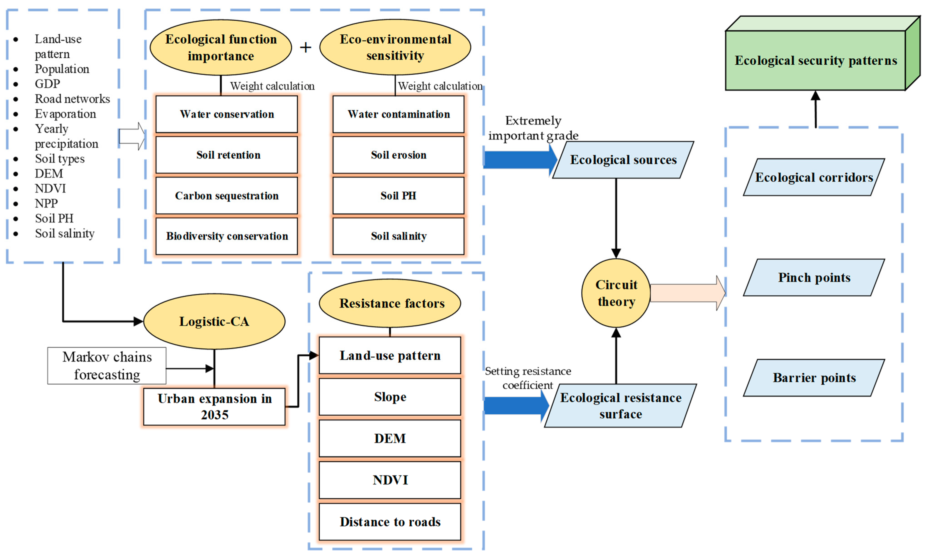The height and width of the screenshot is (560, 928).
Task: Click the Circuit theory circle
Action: tap(616, 293)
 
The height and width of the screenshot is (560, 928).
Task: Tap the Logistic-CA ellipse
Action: tap(214, 321)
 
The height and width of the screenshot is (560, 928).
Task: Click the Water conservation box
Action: tap(227, 114)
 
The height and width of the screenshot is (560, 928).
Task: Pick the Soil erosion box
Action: tap(398, 155)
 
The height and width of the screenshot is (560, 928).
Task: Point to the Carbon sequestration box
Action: tap(227, 195)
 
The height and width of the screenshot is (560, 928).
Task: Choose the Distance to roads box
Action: tap(390, 522)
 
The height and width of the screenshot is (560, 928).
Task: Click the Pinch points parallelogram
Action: tap(814, 278)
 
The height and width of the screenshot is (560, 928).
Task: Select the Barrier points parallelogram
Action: tap(814, 377)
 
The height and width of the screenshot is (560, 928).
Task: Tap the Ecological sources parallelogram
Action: tap(623, 160)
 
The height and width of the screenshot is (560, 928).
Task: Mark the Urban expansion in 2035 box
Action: tap(214, 407)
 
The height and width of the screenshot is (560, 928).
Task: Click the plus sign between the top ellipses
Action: tap(305, 47)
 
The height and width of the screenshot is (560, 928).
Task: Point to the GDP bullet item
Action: tap(47, 84)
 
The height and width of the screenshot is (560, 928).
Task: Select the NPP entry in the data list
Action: tap(46, 203)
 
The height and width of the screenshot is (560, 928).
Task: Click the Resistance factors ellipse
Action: tap(390, 303)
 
